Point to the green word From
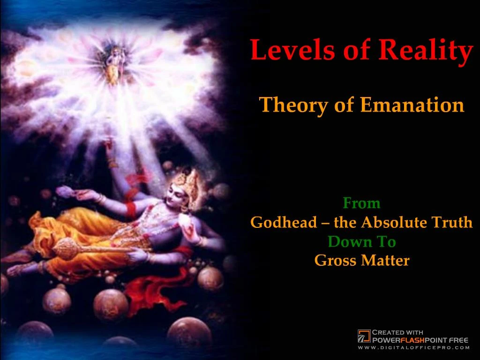click(361, 203)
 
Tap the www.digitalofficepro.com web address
click(413, 348)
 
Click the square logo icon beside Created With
click(364, 336)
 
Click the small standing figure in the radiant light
click(111, 66)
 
